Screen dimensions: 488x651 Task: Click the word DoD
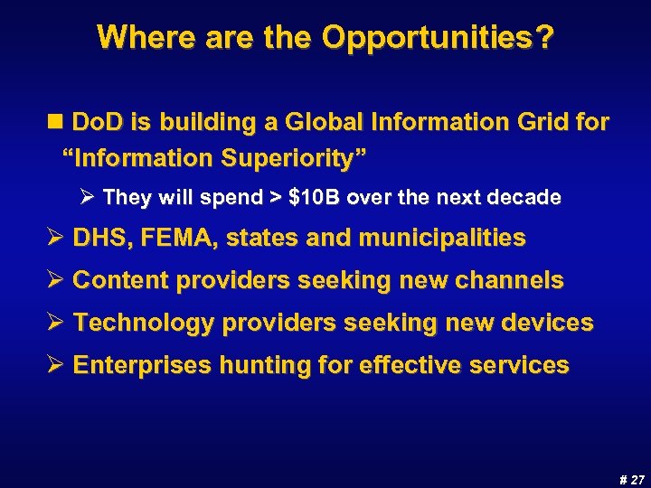pyautogui.click(x=97, y=121)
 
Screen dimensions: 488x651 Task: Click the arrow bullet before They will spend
pyautogui.click(x=90, y=197)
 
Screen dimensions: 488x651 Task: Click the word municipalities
pyautogui.click(x=442, y=239)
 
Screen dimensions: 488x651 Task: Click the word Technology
pyautogui.click(x=142, y=323)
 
